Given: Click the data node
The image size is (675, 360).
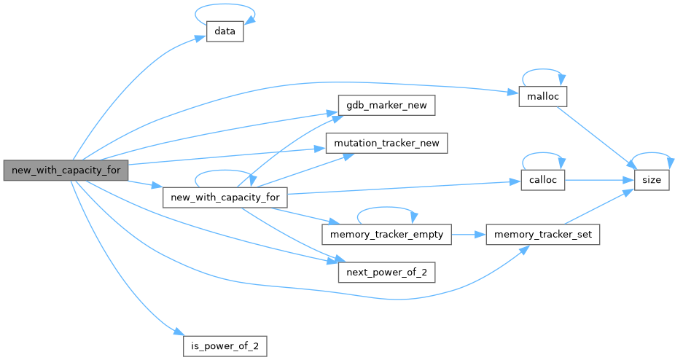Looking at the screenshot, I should [225, 32].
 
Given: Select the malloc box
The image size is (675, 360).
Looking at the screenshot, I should [542, 97].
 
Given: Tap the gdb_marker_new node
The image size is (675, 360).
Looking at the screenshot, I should [386, 106].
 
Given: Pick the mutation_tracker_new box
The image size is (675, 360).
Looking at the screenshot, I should [386, 143].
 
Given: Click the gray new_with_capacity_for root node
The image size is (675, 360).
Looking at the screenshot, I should [66, 171].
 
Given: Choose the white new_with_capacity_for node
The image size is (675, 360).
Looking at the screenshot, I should [225, 197].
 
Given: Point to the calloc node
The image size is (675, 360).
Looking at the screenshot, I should [542, 180].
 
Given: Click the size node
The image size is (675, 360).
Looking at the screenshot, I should [651, 180].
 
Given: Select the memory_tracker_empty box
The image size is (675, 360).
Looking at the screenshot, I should [387, 235].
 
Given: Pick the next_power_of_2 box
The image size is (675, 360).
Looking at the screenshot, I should [386, 272].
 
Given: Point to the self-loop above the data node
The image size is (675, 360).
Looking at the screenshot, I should [225, 9].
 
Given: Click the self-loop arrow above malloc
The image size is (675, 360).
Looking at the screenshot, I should [542, 72].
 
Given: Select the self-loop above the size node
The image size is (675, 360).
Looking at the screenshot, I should [651, 155].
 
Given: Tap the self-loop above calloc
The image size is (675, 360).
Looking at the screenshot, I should [542, 155].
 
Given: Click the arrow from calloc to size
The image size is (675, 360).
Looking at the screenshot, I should [598, 180].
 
